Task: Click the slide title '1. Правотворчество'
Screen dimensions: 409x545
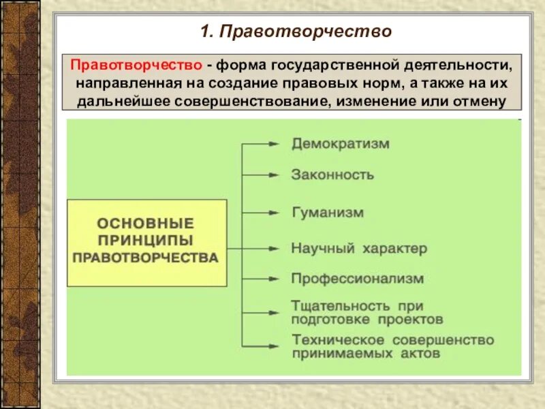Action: [x=296, y=31]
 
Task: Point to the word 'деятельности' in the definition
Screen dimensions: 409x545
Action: [x=456, y=66]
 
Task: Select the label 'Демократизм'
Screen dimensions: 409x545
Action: [x=340, y=144]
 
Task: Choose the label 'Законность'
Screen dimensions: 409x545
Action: [x=332, y=175]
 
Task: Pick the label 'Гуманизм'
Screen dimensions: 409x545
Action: [x=328, y=213]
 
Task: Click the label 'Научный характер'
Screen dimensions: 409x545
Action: [x=359, y=248]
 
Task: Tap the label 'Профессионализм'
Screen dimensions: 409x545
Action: [x=358, y=279]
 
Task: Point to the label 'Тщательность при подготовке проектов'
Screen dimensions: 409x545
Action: [x=367, y=312]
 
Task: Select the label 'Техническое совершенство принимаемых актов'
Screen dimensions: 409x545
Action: [x=392, y=346]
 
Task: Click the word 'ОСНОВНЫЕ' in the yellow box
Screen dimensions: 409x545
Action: [x=146, y=224]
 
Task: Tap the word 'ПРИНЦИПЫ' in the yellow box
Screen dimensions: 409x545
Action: [x=146, y=241]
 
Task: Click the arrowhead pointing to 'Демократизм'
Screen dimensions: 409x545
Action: [x=273, y=145]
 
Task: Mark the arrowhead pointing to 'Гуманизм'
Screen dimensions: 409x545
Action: [x=273, y=213]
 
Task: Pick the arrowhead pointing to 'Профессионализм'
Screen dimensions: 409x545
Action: [x=273, y=279]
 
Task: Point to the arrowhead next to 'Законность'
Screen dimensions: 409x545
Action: [x=273, y=175]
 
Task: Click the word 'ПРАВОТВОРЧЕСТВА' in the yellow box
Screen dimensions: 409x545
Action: [x=146, y=258]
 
